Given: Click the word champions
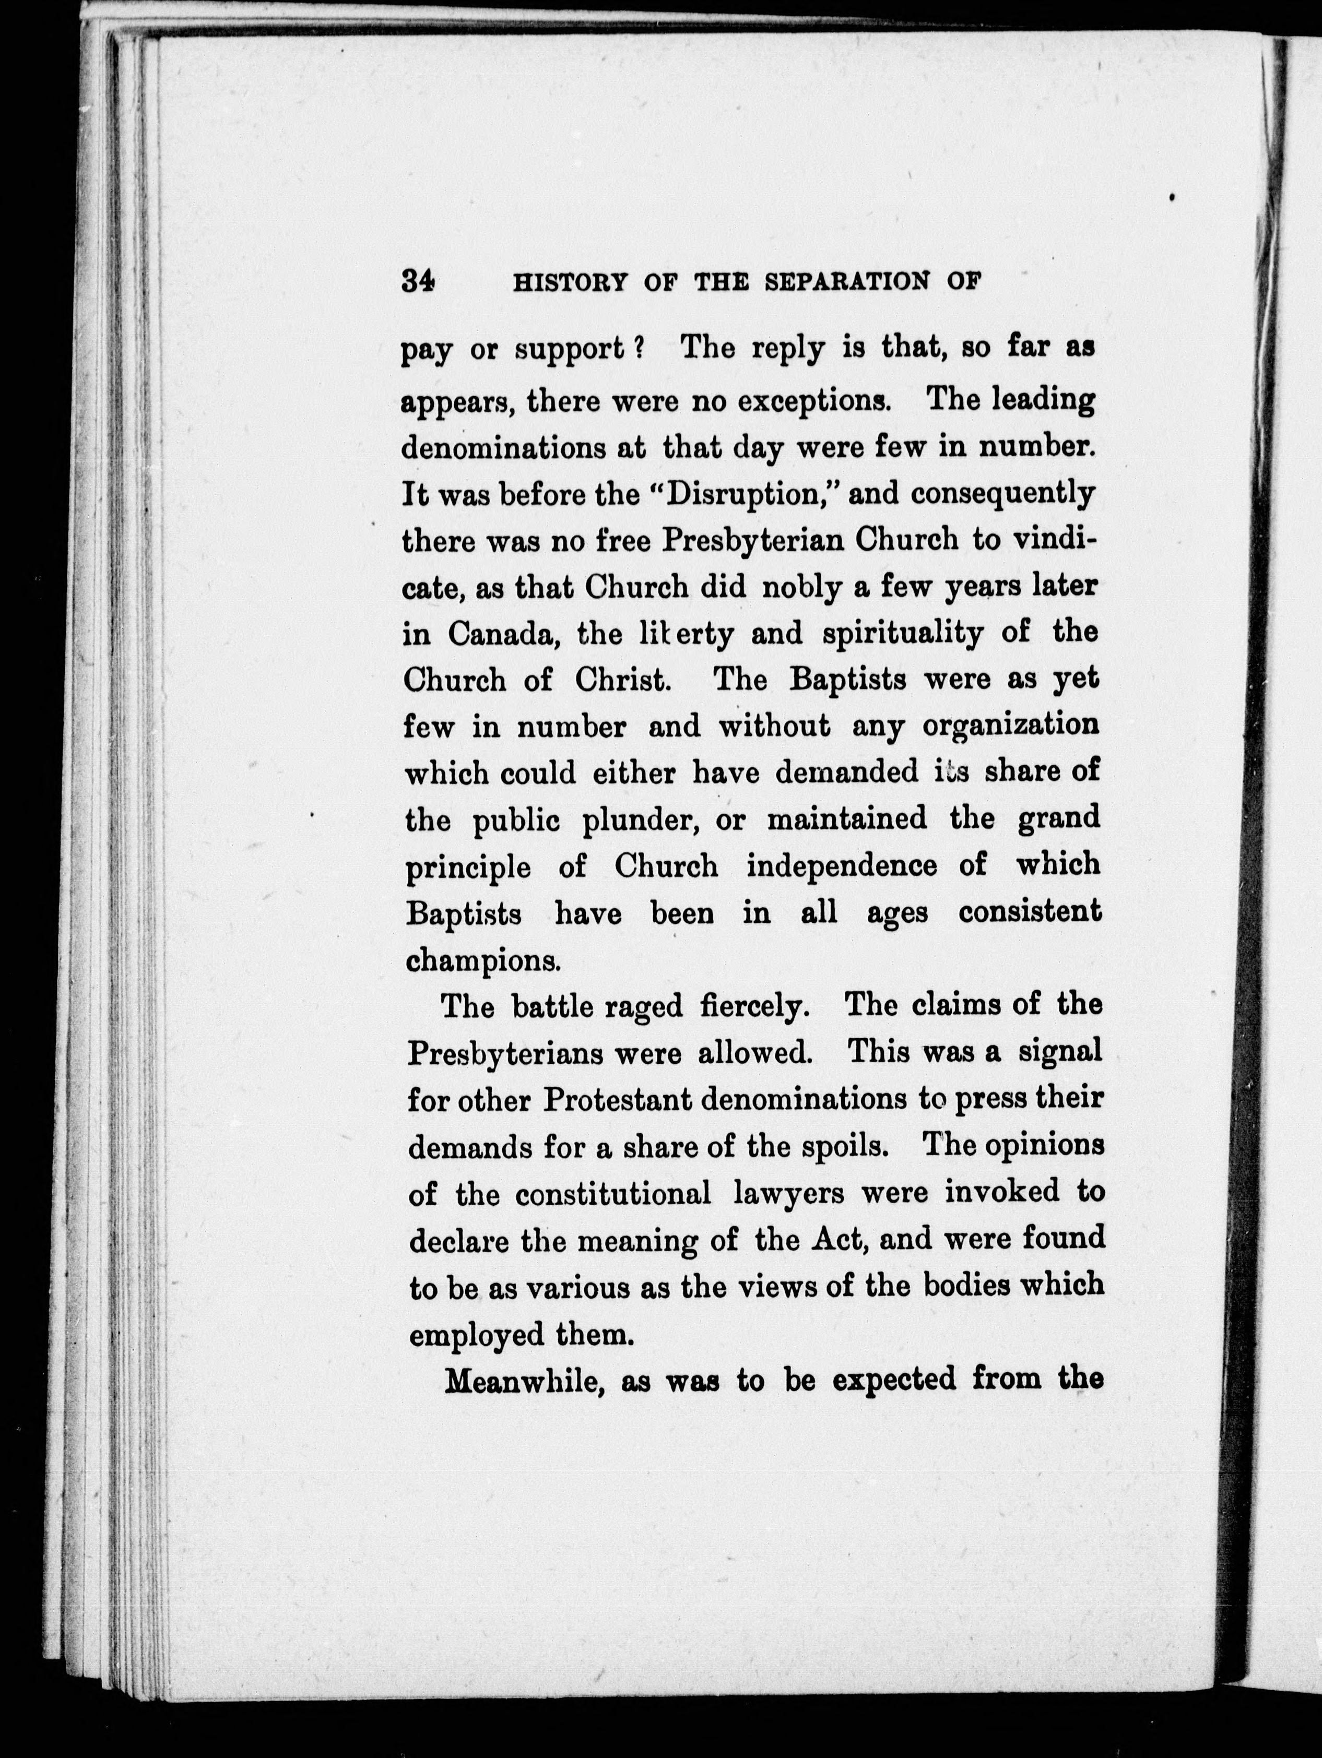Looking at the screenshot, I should click(x=483, y=961).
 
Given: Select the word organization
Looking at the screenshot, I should click(x=1011, y=727).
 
